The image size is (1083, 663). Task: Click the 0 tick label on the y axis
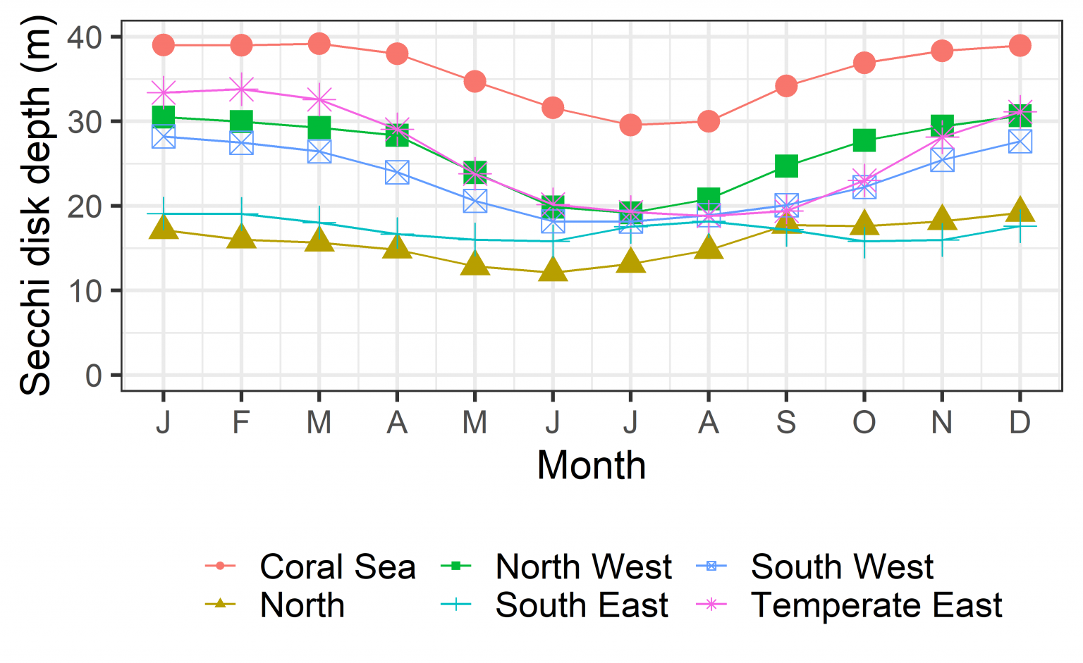(x=94, y=376)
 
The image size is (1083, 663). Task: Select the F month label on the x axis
(x=241, y=423)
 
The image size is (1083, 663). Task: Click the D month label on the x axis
(x=1020, y=423)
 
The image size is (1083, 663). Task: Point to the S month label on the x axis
(x=786, y=423)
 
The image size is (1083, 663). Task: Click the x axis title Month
(x=591, y=466)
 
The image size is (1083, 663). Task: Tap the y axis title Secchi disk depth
(x=35, y=204)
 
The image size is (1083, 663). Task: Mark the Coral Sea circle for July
(x=630, y=125)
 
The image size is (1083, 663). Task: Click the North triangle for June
(x=553, y=271)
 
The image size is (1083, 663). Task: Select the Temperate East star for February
(x=241, y=89)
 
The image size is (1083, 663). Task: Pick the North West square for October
(x=864, y=140)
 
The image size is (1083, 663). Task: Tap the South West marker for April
(x=397, y=172)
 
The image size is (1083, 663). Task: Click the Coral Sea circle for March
(x=319, y=44)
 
